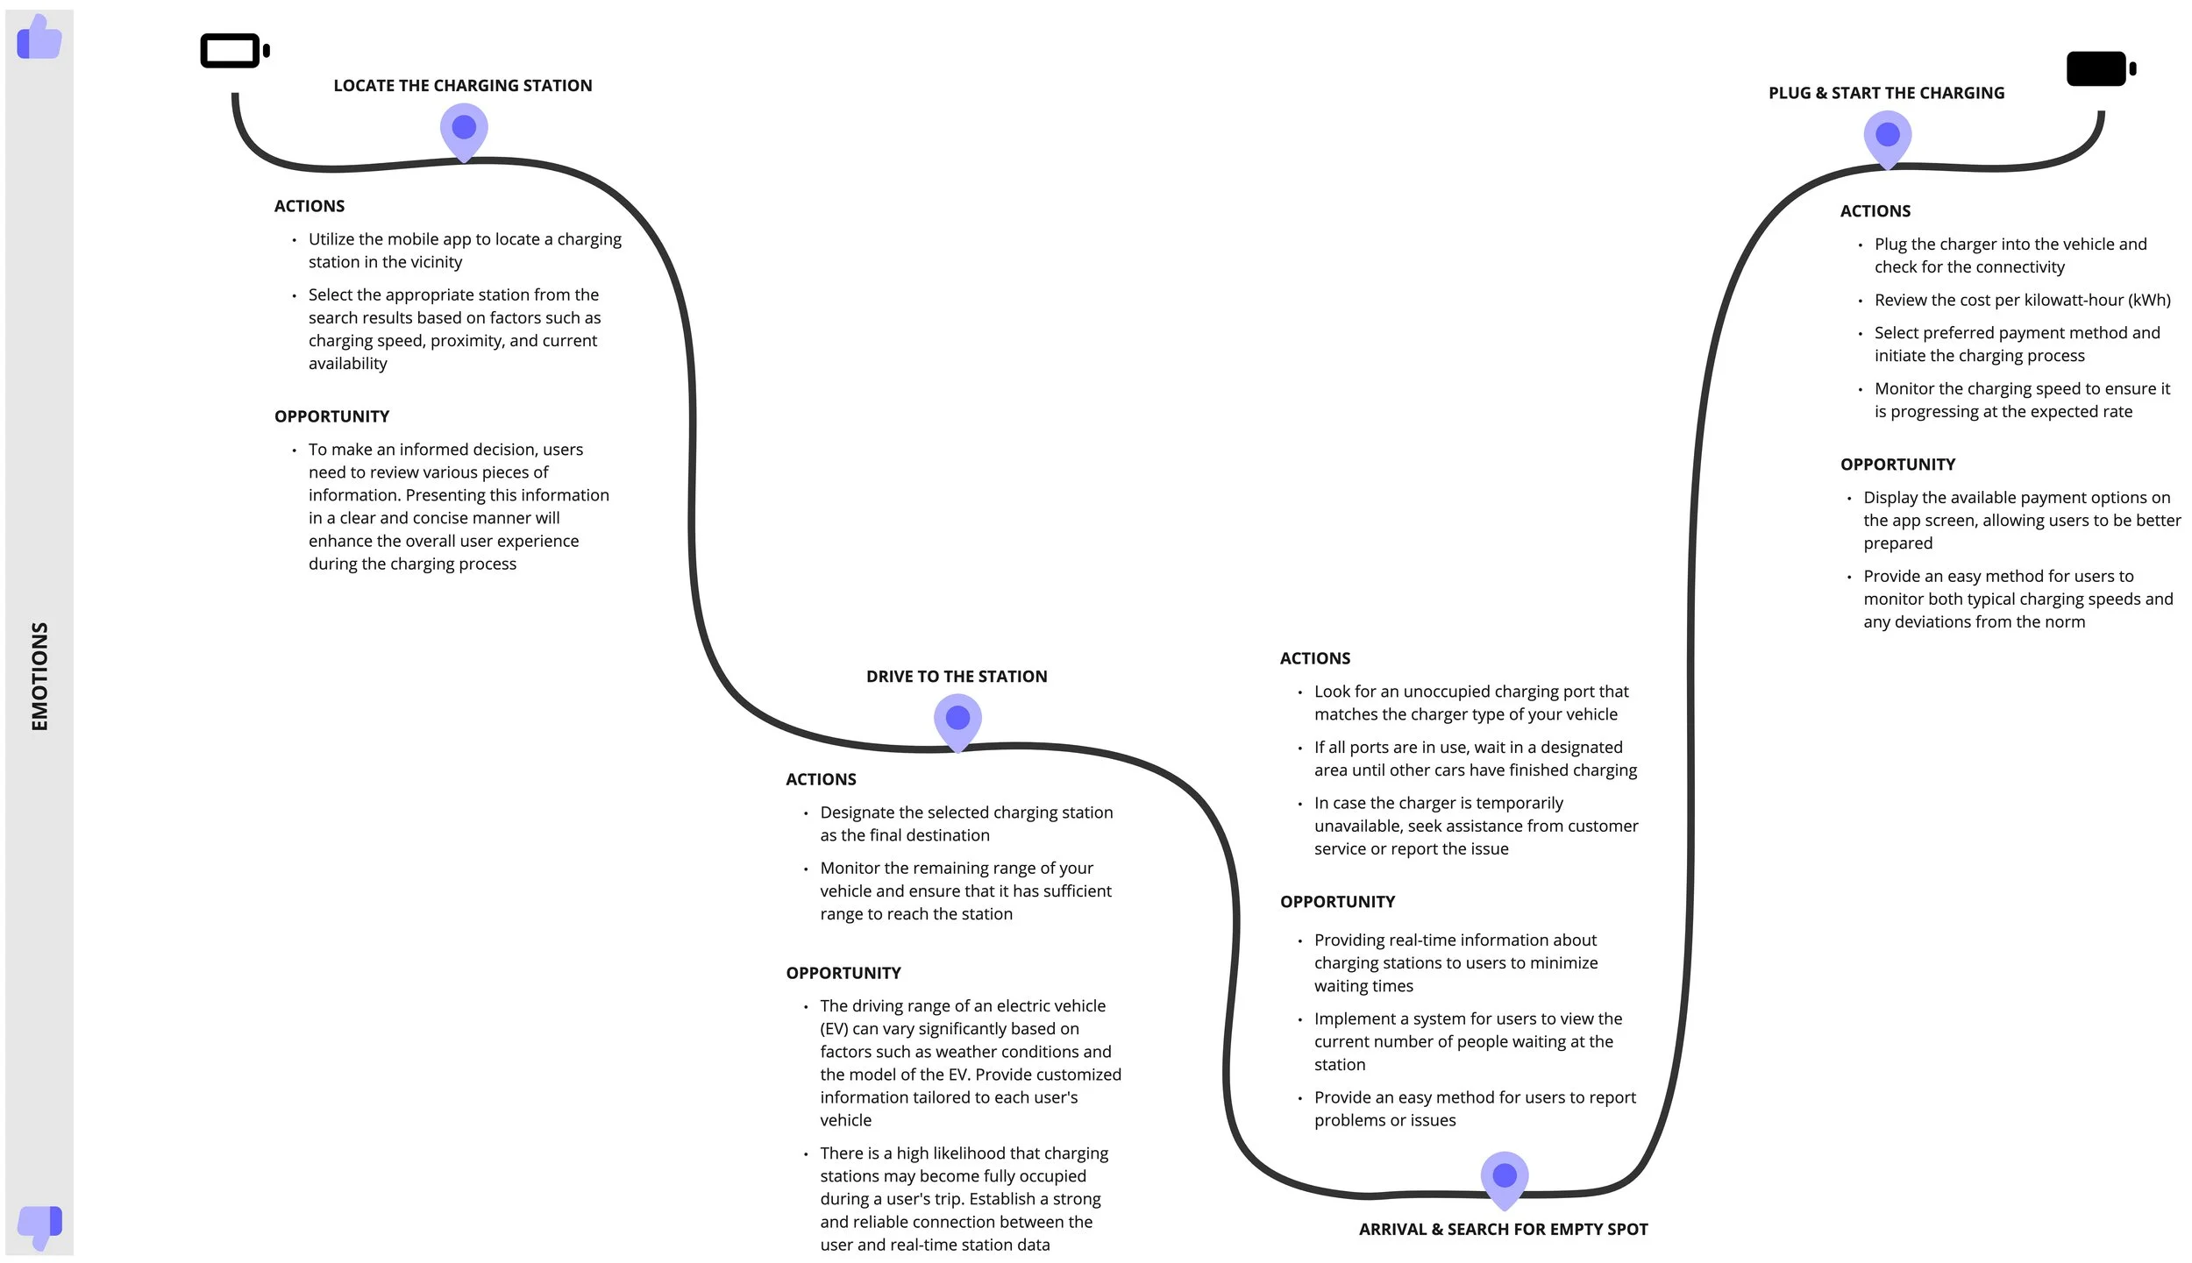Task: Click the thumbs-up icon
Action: click(39, 38)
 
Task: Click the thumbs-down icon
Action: click(39, 1225)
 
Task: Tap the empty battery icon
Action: click(233, 51)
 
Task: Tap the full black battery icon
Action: click(2100, 69)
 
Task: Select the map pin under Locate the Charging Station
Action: click(464, 130)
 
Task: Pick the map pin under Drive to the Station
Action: click(957, 720)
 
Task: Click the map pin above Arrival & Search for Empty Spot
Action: click(1505, 1177)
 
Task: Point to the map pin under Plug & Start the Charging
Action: click(1888, 137)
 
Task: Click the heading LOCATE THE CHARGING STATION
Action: click(463, 86)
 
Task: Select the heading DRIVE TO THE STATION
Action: click(957, 677)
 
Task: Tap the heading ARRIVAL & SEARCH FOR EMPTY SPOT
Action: click(1503, 1230)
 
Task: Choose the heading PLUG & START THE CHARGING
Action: click(1886, 93)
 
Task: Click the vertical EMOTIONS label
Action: click(39, 676)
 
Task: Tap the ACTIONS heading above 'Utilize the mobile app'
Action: click(310, 207)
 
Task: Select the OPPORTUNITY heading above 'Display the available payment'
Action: click(1897, 465)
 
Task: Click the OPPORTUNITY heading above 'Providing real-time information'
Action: click(1337, 902)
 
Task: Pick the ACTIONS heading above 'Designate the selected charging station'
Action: click(821, 780)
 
